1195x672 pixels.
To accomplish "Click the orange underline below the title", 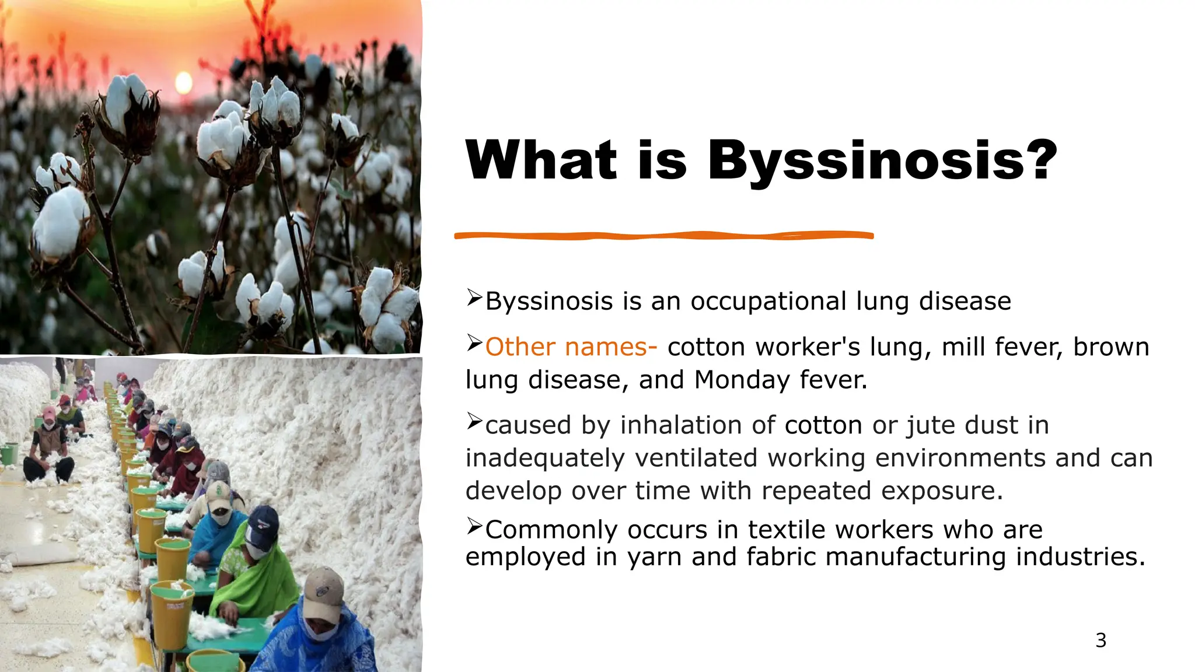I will tap(664, 236).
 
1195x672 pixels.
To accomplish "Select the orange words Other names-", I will tap(571, 347).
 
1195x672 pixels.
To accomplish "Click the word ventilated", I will tap(696, 458).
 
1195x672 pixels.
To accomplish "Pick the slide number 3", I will tap(1100, 640).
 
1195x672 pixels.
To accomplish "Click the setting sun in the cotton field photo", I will tap(183, 83).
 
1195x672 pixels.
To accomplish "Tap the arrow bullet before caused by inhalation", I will tap(474, 421).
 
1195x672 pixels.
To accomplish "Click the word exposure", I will tap(942, 491).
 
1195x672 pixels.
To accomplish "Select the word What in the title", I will tap(541, 160).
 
